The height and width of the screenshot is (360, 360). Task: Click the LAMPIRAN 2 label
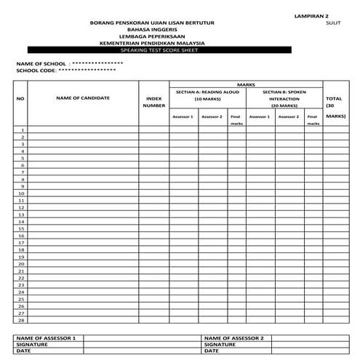(311, 15)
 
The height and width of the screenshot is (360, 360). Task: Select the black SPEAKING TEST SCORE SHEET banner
(153, 49)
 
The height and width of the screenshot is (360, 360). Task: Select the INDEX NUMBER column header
(154, 102)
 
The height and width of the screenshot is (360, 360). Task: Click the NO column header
(20, 98)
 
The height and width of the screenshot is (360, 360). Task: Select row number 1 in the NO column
(23, 130)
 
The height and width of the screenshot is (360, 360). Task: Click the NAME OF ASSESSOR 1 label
(46, 338)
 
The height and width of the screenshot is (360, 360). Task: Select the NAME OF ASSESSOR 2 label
(234, 338)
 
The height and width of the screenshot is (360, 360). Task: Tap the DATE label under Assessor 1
(24, 351)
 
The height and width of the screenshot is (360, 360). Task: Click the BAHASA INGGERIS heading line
(153, 29)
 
